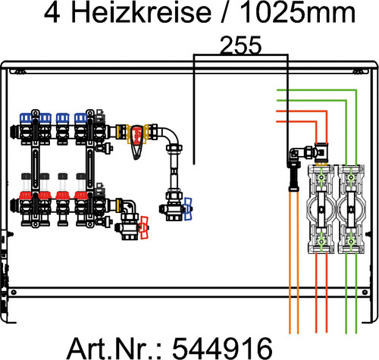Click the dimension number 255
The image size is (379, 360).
[241, 45]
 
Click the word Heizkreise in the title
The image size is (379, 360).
[141, 13]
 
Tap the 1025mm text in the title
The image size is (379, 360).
[298, 13]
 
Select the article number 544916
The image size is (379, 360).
[222, 348]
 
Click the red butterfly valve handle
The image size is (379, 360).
[144, 227]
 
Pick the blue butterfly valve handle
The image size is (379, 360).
[188, 209]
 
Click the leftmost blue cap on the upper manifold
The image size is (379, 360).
[26, 117]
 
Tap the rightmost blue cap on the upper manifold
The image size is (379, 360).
[81, 117]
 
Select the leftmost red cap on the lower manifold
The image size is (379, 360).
[26, 196]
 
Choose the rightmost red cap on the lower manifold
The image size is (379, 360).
[81, 196]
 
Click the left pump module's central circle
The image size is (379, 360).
[321, 209]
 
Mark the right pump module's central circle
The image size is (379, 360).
[351, 209]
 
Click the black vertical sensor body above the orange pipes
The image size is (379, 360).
[294, 176]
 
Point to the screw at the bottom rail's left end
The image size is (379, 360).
[14, 293]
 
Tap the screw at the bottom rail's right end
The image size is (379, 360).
[365, 293]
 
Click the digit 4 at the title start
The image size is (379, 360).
[52, 13]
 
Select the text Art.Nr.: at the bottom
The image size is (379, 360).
[114, 348]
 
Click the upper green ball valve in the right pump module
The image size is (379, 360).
[351, 177]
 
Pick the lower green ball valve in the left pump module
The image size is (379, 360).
[321, 242]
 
